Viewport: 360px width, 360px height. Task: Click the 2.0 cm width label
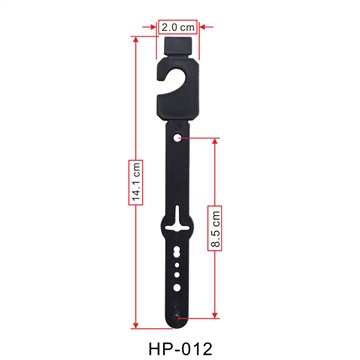[178, 27]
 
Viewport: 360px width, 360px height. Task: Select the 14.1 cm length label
[136, 182]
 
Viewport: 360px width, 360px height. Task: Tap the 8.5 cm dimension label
[215, 228]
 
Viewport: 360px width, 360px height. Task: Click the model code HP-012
[180, 349]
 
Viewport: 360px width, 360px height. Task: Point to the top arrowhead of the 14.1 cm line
[135, 39]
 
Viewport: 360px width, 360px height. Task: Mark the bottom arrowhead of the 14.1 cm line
[135, 325]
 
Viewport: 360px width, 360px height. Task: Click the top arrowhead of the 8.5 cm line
[215, 141]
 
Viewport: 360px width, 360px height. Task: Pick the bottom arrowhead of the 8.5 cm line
[215, 315]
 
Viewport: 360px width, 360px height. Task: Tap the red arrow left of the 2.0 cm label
[149, 27]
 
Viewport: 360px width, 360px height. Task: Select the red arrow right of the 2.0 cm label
[206, 27]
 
